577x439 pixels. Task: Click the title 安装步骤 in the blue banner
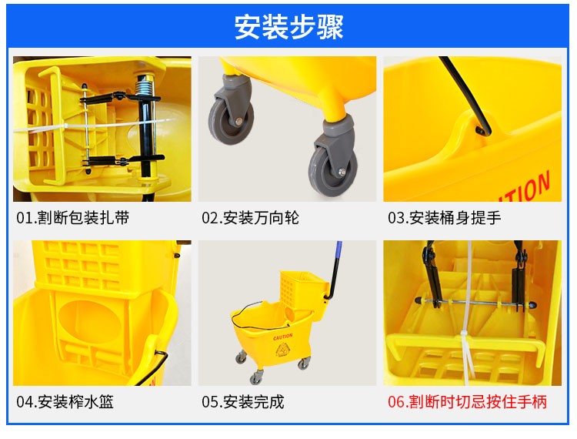coord(288,27)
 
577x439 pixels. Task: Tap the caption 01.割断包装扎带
coord(73,218)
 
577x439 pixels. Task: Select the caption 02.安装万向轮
coord(250,218)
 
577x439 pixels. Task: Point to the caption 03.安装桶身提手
coord(444,218)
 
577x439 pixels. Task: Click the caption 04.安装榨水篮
coord(65,401)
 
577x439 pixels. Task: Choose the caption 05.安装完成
coord(243,401)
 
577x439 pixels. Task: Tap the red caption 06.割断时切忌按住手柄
coord(467,401)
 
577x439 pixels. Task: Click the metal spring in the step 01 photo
coord(145,88)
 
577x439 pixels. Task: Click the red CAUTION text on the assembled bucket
coord(282,337)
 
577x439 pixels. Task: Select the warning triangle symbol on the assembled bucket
coord(283,349)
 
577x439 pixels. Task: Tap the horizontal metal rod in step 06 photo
coord(475,303)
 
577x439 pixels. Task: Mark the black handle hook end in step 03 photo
coord(483,130)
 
